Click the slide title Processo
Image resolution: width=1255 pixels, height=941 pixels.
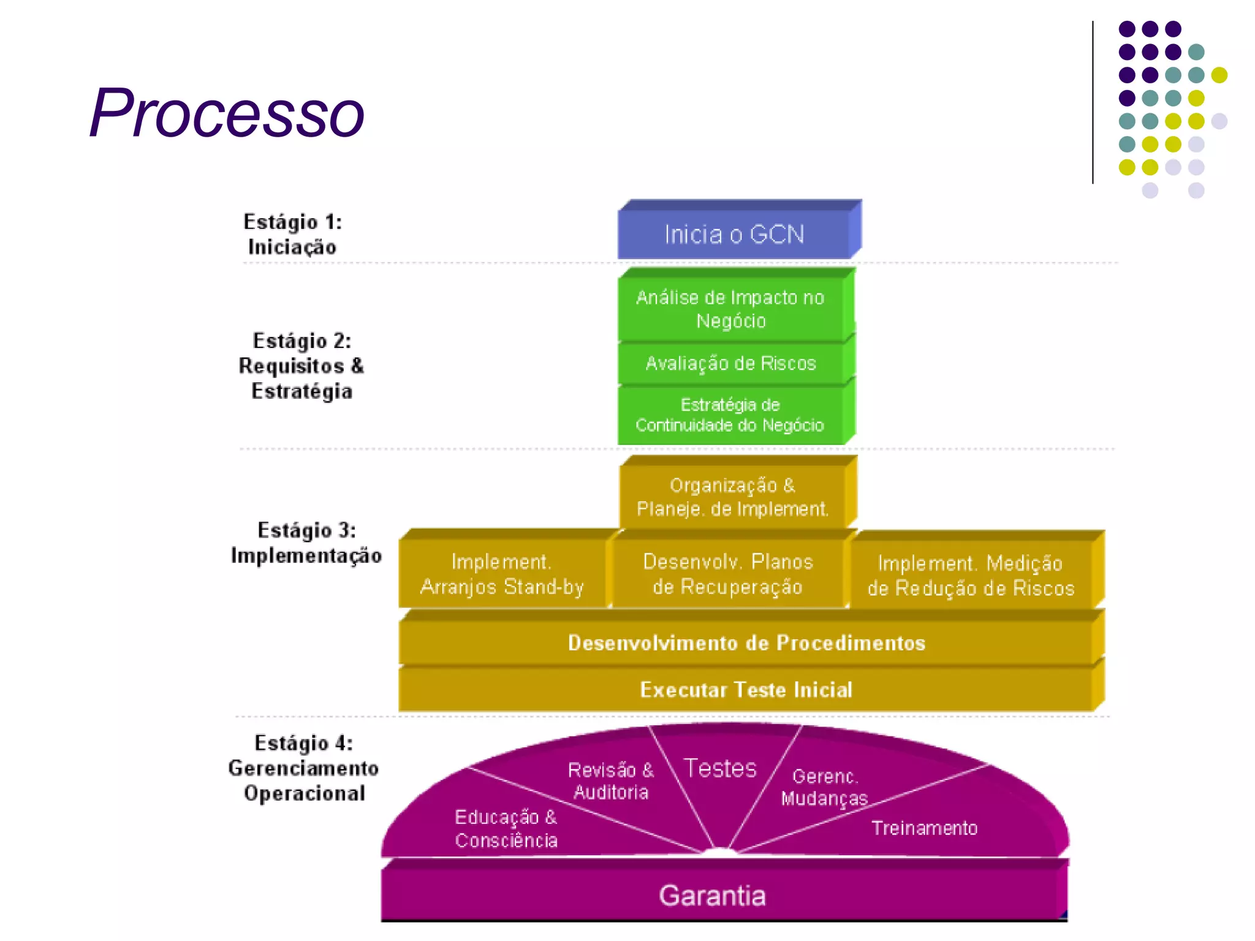(x=227, y=113)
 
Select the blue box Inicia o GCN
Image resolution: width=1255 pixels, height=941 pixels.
(x=734, y=234)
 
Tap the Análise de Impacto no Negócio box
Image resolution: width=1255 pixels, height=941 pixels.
(x=730, y=309)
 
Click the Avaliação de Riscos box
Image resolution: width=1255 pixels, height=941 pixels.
(x=730, y=363)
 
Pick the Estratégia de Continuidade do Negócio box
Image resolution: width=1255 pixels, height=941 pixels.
(x=730, y=415)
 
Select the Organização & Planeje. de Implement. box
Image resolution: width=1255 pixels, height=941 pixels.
(x=732, y=497)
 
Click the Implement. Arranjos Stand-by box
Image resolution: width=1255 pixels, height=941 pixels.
(x=502, y=574)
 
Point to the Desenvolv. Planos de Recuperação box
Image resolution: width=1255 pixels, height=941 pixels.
(x=728, y=574)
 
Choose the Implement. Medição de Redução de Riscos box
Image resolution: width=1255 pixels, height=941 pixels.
(x=971, y=576)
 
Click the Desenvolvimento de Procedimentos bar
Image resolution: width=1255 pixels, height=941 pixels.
(x=746, y=643)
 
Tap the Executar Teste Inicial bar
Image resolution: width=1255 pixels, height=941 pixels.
(x=746, y=690)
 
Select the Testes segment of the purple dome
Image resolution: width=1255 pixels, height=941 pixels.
(x=721, y=768)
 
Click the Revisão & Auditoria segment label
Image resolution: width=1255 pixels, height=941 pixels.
(x=611, y=781)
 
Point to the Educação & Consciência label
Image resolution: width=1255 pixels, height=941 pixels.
(x=506, y=828)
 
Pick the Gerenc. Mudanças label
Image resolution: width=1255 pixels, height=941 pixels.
(x=825, y=787)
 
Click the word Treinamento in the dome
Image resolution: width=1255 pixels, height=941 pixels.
(x=924, y=828)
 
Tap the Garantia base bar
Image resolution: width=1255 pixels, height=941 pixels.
(x=712, y=896)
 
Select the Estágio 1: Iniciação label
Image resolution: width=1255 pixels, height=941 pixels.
(x=292, y=234)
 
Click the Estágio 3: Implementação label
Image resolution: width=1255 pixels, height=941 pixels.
(x=306, y=543)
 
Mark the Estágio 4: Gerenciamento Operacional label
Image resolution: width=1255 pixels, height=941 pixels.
(x=304, y=768)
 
